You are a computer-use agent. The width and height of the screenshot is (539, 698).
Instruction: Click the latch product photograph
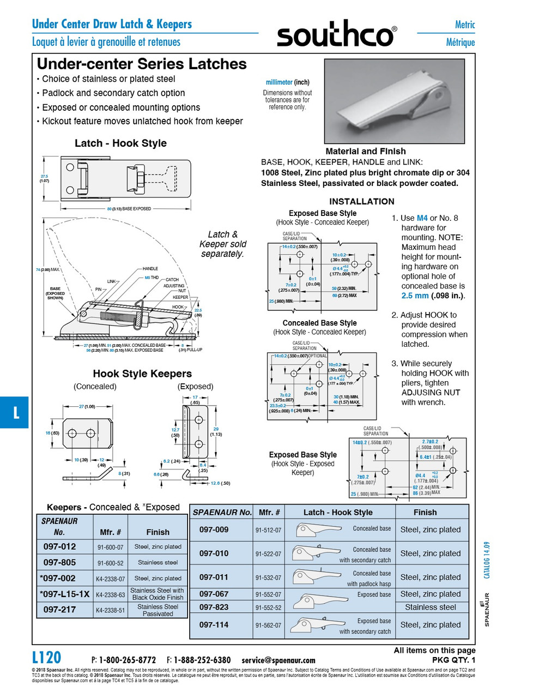(394, 101)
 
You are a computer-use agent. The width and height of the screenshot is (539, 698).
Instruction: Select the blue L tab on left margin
(15, 412)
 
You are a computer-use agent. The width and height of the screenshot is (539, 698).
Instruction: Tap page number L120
(47, 657)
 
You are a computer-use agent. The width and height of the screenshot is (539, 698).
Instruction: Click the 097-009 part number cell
(214, 529)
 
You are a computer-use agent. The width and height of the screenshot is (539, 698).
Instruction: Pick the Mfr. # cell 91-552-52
(268, 607)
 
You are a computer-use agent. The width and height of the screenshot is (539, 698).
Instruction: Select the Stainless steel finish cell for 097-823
(430, 607)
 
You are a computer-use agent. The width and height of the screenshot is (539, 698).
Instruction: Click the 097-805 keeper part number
(59, 562)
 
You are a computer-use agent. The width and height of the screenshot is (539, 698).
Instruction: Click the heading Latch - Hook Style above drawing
(120, 143)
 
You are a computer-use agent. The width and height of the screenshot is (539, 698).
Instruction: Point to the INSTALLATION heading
(361, 201)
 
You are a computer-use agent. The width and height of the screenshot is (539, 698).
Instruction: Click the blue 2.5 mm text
(415, 296)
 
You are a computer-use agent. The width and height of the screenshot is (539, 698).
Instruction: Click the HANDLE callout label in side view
(150, 269)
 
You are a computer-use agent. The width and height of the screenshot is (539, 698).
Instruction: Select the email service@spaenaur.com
(278, 660)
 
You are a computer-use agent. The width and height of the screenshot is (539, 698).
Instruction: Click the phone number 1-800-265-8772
(128, 660)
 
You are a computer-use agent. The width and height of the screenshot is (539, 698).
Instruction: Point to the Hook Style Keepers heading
(142, 374)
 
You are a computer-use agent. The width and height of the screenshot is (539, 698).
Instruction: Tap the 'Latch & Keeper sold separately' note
(222, 244)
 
